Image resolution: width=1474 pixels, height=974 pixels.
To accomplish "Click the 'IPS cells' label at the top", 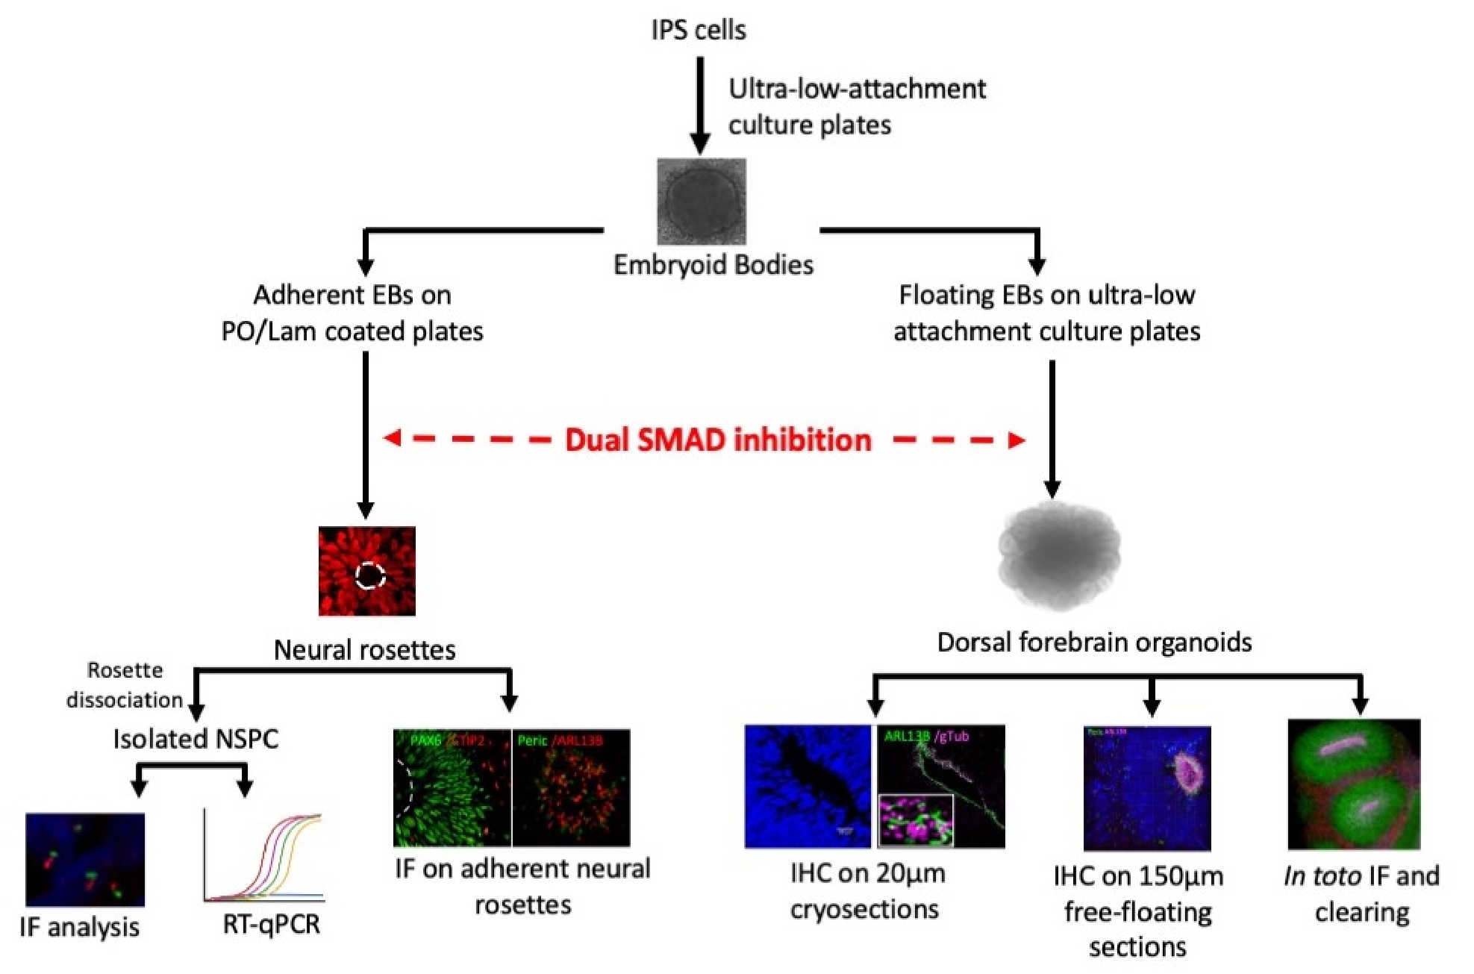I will [x=698, y=30].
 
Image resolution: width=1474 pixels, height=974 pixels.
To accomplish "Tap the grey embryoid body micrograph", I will [x=701, y=201].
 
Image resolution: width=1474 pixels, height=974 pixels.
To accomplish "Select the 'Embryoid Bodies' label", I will [x=713, y=265].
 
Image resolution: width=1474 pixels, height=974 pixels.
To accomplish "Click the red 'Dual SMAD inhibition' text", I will [x=718, y=440].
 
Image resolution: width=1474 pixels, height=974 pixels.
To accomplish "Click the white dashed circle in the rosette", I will [x=370, y=575].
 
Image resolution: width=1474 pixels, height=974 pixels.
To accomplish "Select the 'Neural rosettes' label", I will [x=364, y=649].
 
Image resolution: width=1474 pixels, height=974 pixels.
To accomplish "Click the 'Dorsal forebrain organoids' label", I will [x=1094, y=642].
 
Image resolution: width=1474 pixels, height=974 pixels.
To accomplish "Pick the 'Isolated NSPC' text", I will [x=196, y=739].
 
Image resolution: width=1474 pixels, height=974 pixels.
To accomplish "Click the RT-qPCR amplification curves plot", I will [x=263, y=857].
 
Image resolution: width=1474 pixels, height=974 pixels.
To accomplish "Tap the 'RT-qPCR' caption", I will [x=271, y=924].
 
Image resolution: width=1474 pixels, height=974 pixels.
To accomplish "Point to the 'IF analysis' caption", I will [x=79, y=927].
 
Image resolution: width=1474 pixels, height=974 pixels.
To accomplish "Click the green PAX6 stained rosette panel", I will [x=452, y=787].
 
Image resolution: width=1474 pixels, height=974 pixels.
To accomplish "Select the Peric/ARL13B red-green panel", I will [x=572, y=787].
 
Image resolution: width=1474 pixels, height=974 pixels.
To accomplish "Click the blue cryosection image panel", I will [x=808, y=786].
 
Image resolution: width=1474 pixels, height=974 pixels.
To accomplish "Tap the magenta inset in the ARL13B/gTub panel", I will [x=916, y=820].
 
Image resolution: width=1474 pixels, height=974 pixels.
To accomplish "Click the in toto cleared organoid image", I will [x=1354, y=784].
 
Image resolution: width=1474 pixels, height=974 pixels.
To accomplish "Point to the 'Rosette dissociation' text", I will [x=124, y=685].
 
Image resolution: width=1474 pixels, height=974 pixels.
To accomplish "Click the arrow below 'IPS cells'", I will [x=699, y=104].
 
